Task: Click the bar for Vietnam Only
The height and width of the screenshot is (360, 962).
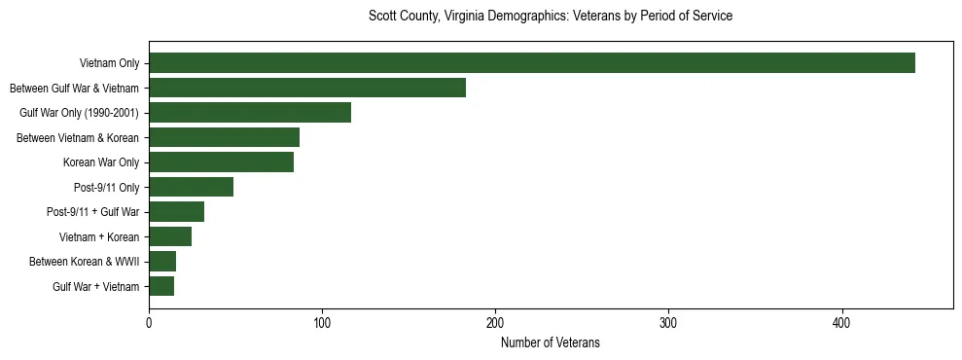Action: (x=531, y=63)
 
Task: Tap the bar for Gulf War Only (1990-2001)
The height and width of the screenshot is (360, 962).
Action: (x=250, y=113)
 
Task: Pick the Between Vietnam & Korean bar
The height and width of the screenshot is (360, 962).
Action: (x=224, y=137)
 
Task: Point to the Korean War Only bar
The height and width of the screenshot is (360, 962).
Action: (x=221, y=162)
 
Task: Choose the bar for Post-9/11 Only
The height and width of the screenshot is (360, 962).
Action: (x=191, y=187)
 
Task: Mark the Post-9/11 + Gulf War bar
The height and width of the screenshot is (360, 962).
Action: (x=176, y=212)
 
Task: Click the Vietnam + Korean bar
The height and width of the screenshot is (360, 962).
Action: (x=170, y=236)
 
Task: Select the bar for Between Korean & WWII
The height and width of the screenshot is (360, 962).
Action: (x=162, y=262)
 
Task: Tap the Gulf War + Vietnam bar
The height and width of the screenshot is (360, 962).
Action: (x=161, y=286)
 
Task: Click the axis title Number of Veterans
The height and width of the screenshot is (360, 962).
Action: (x=551, y=342)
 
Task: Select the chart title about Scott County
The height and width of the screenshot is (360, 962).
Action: (x=551, y=17)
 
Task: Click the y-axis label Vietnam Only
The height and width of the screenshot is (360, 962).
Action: (x=109, y=64)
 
